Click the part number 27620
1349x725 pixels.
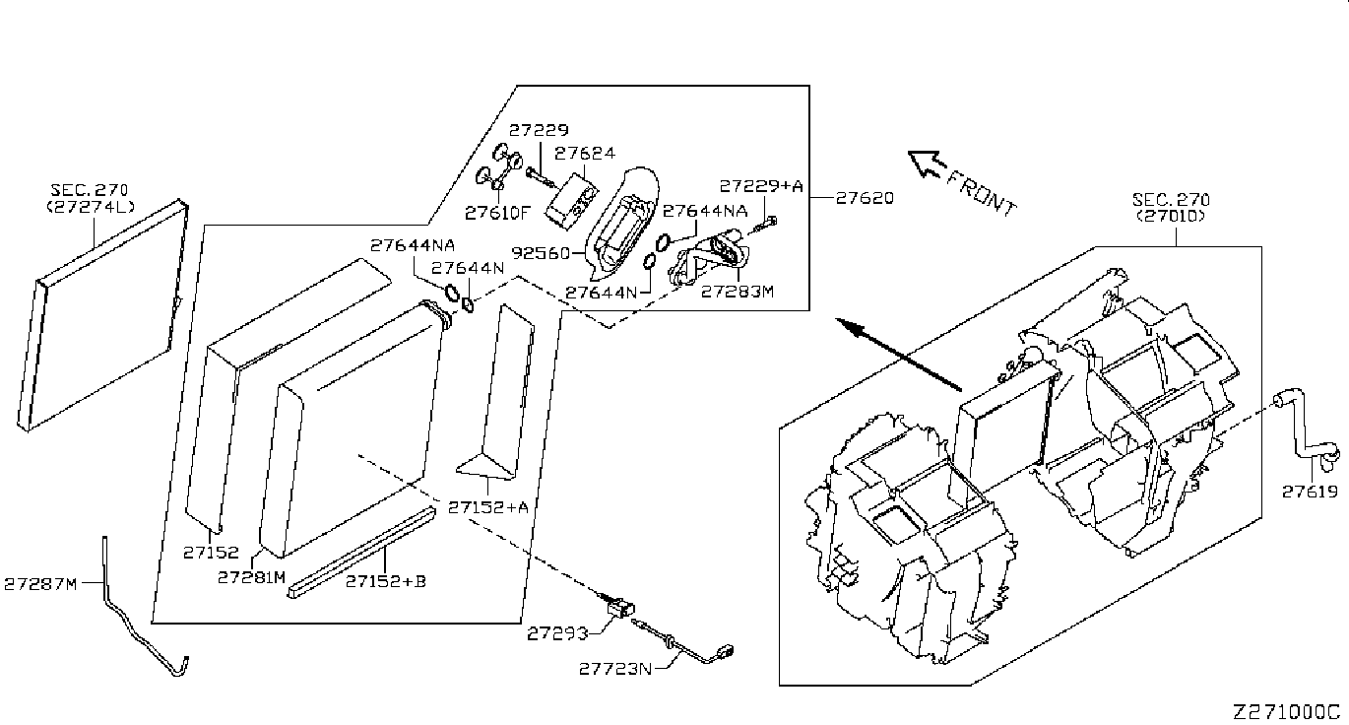(865, 198)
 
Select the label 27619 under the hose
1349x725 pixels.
(1310, 492)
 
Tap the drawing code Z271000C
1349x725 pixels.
(1288, 712)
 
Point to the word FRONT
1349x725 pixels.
(982, 194)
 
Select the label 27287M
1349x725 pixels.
(40, 584)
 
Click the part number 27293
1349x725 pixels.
(556, 633)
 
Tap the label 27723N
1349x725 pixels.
(614, 669)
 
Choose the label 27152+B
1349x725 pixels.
(385, 581)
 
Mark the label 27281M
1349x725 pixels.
(251, 577)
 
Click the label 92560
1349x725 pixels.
(541, 253)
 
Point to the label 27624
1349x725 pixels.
(585, 153)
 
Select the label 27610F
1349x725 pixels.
(497, 213)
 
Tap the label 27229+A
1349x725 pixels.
(761, 185)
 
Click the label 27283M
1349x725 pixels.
(738, 292)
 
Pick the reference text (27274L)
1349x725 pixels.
(91, 206)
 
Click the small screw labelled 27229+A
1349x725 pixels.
(765, 225)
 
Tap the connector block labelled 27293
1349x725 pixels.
(618, 608)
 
